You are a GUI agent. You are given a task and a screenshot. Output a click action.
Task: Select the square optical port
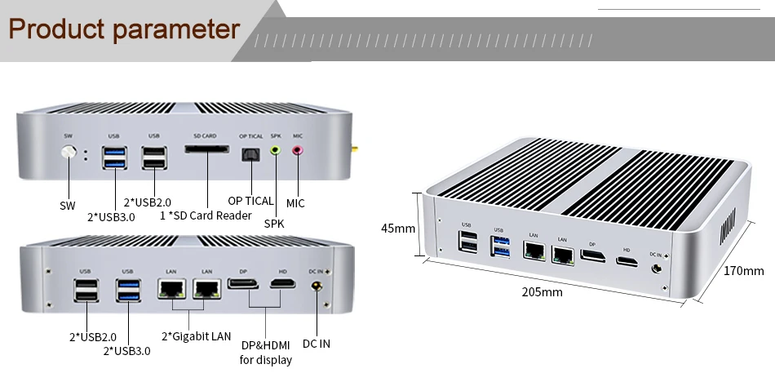click(249, 154)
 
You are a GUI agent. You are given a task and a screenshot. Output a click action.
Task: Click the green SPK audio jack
click(276, 150)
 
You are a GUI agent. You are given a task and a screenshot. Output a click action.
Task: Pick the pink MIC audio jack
click(297, 150)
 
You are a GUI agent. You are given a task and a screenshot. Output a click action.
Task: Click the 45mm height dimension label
click(399, 228)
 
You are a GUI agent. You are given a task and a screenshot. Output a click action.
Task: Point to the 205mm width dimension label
click(542, 292)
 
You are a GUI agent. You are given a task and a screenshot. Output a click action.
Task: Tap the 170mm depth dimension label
click(743, 271)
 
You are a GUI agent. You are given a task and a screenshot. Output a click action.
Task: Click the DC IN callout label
click(316, 344)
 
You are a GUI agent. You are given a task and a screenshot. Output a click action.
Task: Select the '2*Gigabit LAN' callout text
click(197, 336)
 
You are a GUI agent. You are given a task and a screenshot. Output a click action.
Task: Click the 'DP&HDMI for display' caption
click(265, 353)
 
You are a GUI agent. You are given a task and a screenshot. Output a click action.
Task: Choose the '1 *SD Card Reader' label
click(206, 215)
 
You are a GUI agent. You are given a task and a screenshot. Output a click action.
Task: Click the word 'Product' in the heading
click(55, 30)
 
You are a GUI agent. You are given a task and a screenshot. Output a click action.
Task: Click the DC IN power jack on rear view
click(317, 287)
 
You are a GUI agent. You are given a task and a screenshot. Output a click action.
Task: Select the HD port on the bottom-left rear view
click(283, 284)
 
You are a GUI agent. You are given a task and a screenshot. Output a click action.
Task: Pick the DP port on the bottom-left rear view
click(243, 284)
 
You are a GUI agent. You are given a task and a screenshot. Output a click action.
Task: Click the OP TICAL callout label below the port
click(250, 201)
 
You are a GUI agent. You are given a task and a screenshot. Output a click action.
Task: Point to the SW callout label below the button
click(68, 206)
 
